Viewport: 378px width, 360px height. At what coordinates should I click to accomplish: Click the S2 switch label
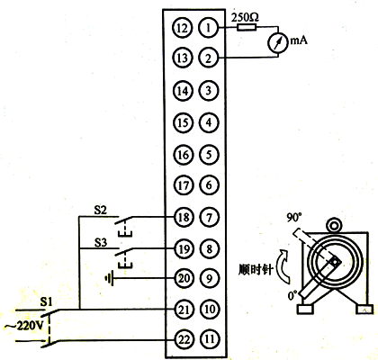click(x=101, y=209)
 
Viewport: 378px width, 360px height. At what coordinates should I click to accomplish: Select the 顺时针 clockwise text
click(x=262, y=267)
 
